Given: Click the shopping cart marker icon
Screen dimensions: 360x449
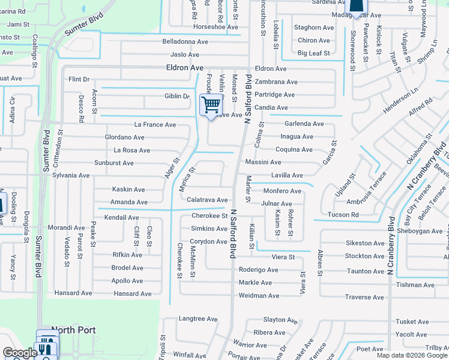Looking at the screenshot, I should click(211, 106).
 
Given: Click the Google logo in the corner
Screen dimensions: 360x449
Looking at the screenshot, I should click(19, 353).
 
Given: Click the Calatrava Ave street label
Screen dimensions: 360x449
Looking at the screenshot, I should click(207, 200).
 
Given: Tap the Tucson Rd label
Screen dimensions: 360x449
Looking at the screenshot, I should click(343, 215).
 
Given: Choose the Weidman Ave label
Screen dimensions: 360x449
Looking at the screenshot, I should click(259, 296).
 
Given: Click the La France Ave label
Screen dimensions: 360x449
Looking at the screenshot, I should click(155, 125).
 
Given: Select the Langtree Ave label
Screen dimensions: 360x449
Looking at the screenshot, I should click(197, 319).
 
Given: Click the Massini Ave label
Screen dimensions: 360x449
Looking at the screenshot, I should click(263, 163).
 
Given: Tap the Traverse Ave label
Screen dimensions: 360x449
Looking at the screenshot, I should click(364, 297).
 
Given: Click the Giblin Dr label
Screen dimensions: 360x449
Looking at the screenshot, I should click(177, 97).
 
